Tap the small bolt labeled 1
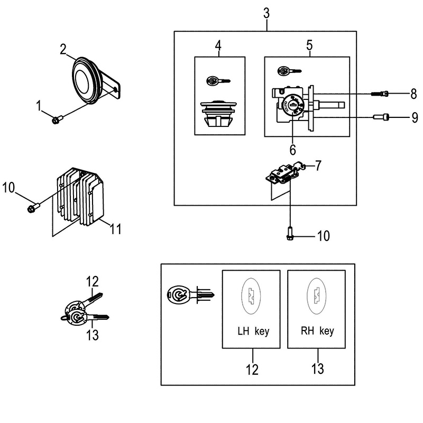pyautogui.click(x=57, y=119)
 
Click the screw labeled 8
pyautogui.click(x=381, y=94)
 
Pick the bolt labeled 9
pyautogui.click(x=381, y=117)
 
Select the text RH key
pyautogui.click(x=317, y=332)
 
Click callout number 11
pyautogui.click(x=115, y=229)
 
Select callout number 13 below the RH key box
pyautogui.click(x=317, y=368)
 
